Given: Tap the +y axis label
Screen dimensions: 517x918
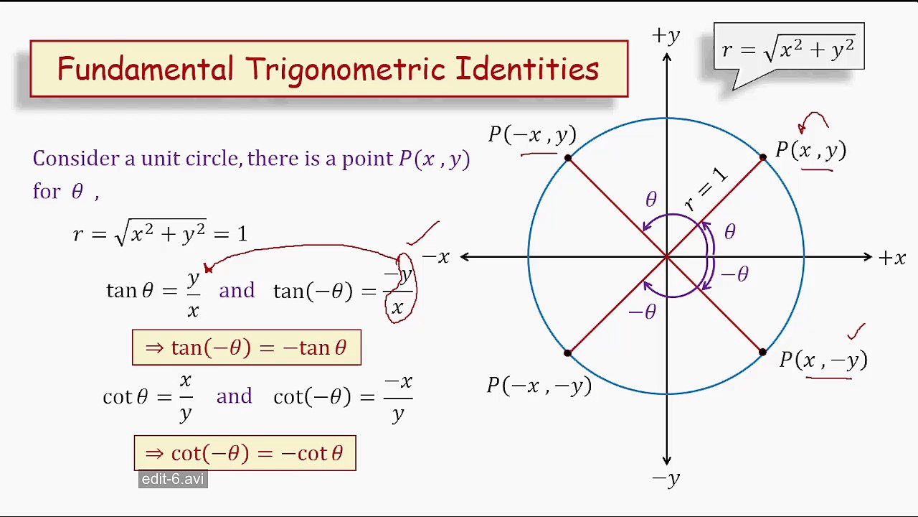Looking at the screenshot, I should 666,37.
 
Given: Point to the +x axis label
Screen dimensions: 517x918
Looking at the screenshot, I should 892,258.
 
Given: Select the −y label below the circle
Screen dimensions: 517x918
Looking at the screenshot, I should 666,479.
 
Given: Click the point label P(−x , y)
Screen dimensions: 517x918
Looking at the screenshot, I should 532,135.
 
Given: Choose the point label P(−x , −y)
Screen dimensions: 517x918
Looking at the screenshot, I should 539,386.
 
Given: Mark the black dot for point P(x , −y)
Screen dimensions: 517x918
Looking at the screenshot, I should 762,353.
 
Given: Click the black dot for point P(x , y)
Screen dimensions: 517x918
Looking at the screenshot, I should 763,158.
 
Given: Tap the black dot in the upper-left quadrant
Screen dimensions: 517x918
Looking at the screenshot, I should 568,158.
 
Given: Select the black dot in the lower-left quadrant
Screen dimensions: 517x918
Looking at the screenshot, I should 568,353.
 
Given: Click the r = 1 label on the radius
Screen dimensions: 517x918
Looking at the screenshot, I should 706,190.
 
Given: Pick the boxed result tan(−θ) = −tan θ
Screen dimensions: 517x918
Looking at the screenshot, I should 246,348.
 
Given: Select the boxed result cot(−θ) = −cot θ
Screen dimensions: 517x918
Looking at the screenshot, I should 245,454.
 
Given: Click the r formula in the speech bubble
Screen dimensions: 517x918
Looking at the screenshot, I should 788,50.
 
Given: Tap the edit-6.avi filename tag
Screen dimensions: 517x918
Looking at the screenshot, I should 173,480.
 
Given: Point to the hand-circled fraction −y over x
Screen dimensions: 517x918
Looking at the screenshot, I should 399,289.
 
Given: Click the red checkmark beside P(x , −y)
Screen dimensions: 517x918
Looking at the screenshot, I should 856,331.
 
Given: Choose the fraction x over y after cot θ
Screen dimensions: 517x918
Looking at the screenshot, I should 185,396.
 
